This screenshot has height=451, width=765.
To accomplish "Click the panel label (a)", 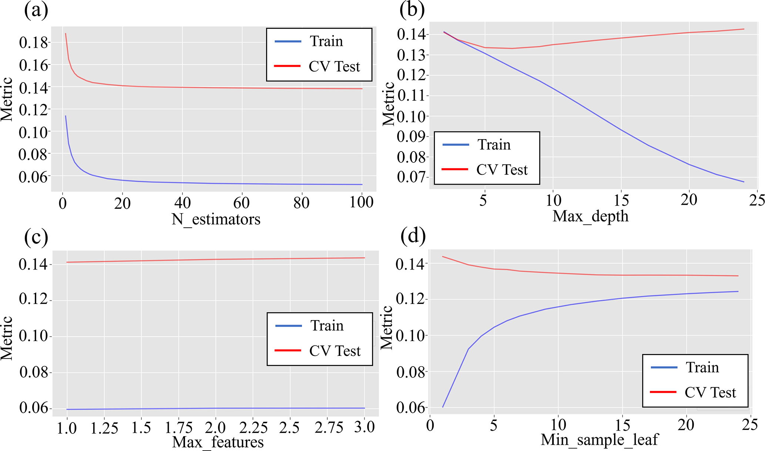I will (x=36, y=11).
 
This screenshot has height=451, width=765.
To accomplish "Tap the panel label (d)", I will (x=413, y=235).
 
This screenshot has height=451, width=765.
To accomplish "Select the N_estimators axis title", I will (x=216, y=219).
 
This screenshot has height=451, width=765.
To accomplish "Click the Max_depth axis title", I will (x=590, y=216).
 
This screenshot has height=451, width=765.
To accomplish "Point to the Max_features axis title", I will (x=218, y=442).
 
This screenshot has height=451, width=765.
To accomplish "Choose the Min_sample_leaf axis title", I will (x=600, y=440).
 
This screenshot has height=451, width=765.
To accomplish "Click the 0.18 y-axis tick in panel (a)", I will (x=34, y=43).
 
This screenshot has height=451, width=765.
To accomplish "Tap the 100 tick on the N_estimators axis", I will (x=361, y=203).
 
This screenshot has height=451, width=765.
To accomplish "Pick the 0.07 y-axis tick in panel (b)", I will (x=412, y=177).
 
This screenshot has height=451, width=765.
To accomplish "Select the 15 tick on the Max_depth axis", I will (x=621, y=200).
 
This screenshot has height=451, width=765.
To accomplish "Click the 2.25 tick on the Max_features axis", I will (x=253, y=428).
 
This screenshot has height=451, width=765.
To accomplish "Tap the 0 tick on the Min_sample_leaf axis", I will (x=430, y=425).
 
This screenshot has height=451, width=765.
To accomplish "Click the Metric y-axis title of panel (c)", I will (x=7, y=338).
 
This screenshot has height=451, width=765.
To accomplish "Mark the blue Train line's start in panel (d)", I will (x=443, y=407).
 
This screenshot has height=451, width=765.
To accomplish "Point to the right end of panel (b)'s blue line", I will (x=744, y=182).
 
